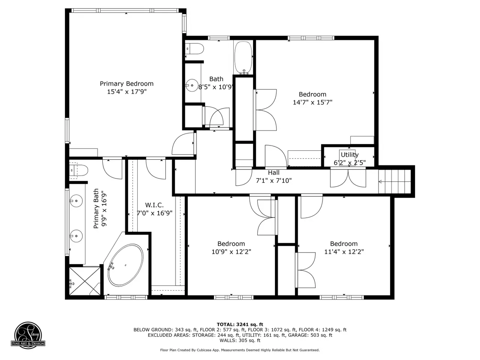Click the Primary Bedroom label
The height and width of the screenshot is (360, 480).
click(127, 84)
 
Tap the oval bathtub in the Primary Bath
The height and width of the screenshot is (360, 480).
click(126, 265)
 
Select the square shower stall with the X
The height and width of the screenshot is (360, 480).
click(85, 281)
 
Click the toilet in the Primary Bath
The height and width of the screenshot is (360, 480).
click(79, 170)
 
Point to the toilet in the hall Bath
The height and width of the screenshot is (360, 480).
click(194, 49)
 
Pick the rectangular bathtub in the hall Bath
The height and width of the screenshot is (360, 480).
click(243, 58)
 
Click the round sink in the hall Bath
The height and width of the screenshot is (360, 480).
click(192, 85)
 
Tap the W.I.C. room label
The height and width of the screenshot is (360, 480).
click(154, 205)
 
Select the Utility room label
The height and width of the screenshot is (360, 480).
click(349, 155)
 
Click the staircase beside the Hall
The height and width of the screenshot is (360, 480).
click(395, 181)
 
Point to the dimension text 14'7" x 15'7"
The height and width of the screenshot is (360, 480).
click(312, 102)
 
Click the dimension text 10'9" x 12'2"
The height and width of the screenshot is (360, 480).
click(231, 252)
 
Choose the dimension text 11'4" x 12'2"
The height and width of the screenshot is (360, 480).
click(344, 252)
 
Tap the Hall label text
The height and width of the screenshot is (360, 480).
click(274, 172)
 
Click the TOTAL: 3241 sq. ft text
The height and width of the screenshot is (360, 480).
click(240, 324)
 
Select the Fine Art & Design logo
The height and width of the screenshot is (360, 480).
click(28, 335)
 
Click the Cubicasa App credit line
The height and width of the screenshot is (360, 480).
click(240, 350)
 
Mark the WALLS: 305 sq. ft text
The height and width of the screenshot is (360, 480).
click(240, 340)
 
